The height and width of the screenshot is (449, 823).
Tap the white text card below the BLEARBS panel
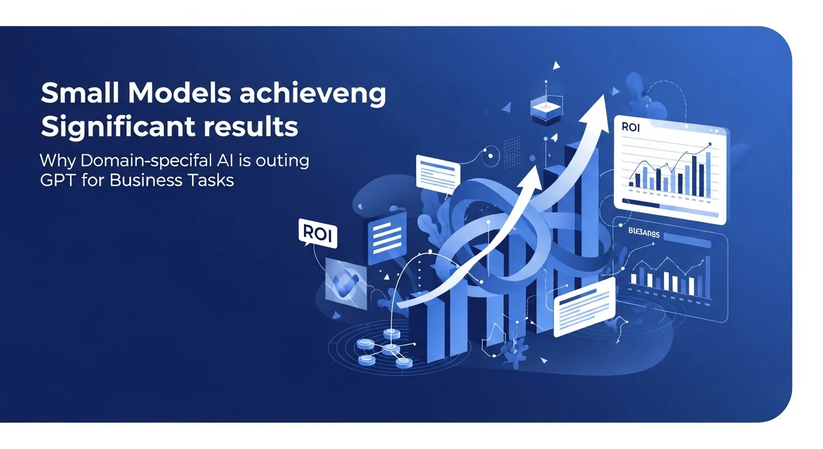click(x=585, y=306)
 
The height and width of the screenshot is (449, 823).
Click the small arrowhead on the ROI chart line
click(x=708, y=143)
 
